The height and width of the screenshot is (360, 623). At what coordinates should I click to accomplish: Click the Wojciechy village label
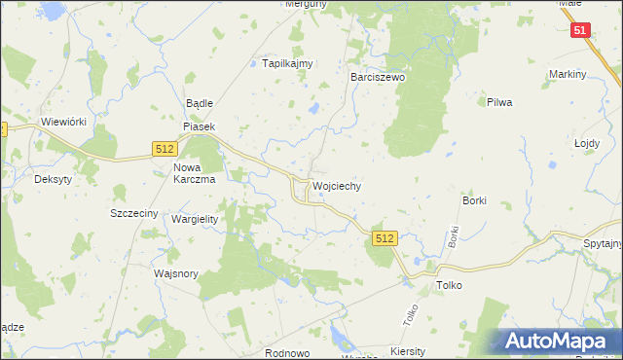[337, 185]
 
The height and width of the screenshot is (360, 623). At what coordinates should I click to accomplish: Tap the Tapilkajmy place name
[287, 63]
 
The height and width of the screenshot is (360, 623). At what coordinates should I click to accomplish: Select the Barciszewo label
[378, 75]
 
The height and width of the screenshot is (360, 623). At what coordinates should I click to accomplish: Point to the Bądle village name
[199, 103]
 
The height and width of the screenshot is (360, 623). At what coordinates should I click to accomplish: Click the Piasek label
[198, 126]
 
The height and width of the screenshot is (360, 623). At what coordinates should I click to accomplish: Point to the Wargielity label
[195, 219]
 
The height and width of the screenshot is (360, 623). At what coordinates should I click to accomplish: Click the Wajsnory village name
[176, 273]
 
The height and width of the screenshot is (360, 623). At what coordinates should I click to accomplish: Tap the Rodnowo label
[286, 352]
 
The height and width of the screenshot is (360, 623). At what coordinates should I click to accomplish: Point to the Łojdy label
[587, 142]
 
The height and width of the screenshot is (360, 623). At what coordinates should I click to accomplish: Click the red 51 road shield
[580, 31]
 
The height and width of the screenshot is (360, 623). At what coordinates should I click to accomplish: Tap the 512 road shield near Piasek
[164, 148]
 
